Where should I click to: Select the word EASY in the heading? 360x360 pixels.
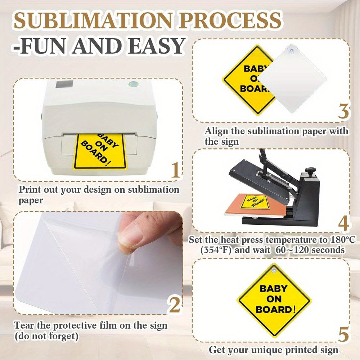coord(156,46)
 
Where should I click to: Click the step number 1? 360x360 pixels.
coord(176,170)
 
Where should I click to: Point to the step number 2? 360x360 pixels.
coord(175,305)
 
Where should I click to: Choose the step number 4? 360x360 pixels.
coord(344,224)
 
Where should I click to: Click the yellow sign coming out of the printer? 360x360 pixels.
coord(100,152)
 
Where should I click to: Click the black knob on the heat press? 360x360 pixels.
coord(310,171)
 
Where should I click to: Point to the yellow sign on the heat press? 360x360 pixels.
coord(255,202)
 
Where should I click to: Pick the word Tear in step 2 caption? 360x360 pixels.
coord(25,325)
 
